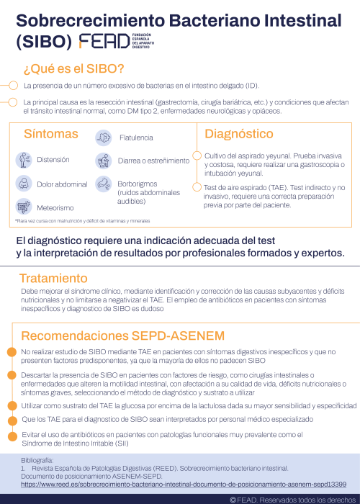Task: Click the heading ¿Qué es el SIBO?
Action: tap(74, 68)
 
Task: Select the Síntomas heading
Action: tap(50, 134)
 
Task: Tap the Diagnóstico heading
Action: tap(238, 134)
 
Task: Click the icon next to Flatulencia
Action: tap(104, 137)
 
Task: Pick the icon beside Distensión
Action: tap(24, 160)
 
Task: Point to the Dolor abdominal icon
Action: tap(24, 184)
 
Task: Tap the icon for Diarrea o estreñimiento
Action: tap(104, 161)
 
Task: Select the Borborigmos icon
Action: tap(104, 184)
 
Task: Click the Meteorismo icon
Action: tap(24, 207)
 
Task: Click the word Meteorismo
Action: tap(56, 207)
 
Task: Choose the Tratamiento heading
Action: tap(53, 278)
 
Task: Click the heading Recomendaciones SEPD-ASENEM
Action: tap(122, 336)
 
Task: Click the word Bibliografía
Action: tap(37, 459)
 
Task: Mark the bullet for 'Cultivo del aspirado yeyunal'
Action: tap(196, 156)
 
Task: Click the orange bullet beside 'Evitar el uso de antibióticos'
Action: tap(12, 436)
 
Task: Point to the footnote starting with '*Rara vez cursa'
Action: tap(83, 220)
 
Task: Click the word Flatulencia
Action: tap(136, 137)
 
